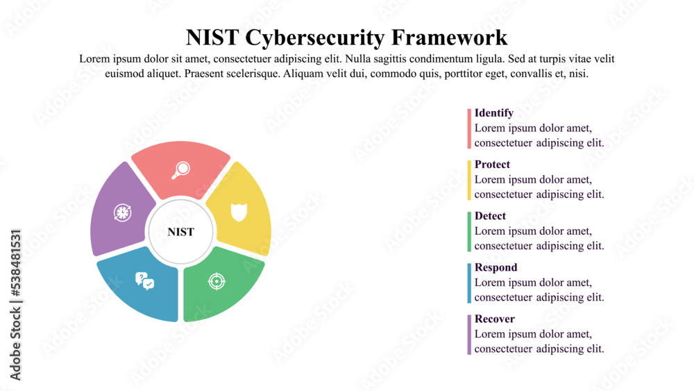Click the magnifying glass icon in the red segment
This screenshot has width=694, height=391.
(181, 169)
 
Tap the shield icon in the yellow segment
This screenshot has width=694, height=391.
(239, 211)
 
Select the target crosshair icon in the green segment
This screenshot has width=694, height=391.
(217, 281)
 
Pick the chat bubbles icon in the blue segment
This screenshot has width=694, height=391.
(144, 281)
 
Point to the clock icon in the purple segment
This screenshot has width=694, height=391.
(122, 213)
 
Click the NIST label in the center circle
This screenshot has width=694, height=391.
(181, 232)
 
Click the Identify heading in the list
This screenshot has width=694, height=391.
(494, 113)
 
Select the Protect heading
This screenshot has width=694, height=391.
(492, 165)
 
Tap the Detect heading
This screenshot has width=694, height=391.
(490, 216)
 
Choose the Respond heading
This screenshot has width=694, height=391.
(496, 267)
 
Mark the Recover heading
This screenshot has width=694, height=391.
(494, 319)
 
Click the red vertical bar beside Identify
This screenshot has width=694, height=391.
(469, 128)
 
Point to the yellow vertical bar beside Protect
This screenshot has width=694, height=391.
(469, 180)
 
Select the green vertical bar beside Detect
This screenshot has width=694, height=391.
(469, 231)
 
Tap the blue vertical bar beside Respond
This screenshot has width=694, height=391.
(469, 283)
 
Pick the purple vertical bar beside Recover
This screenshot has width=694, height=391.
(469, 334)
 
